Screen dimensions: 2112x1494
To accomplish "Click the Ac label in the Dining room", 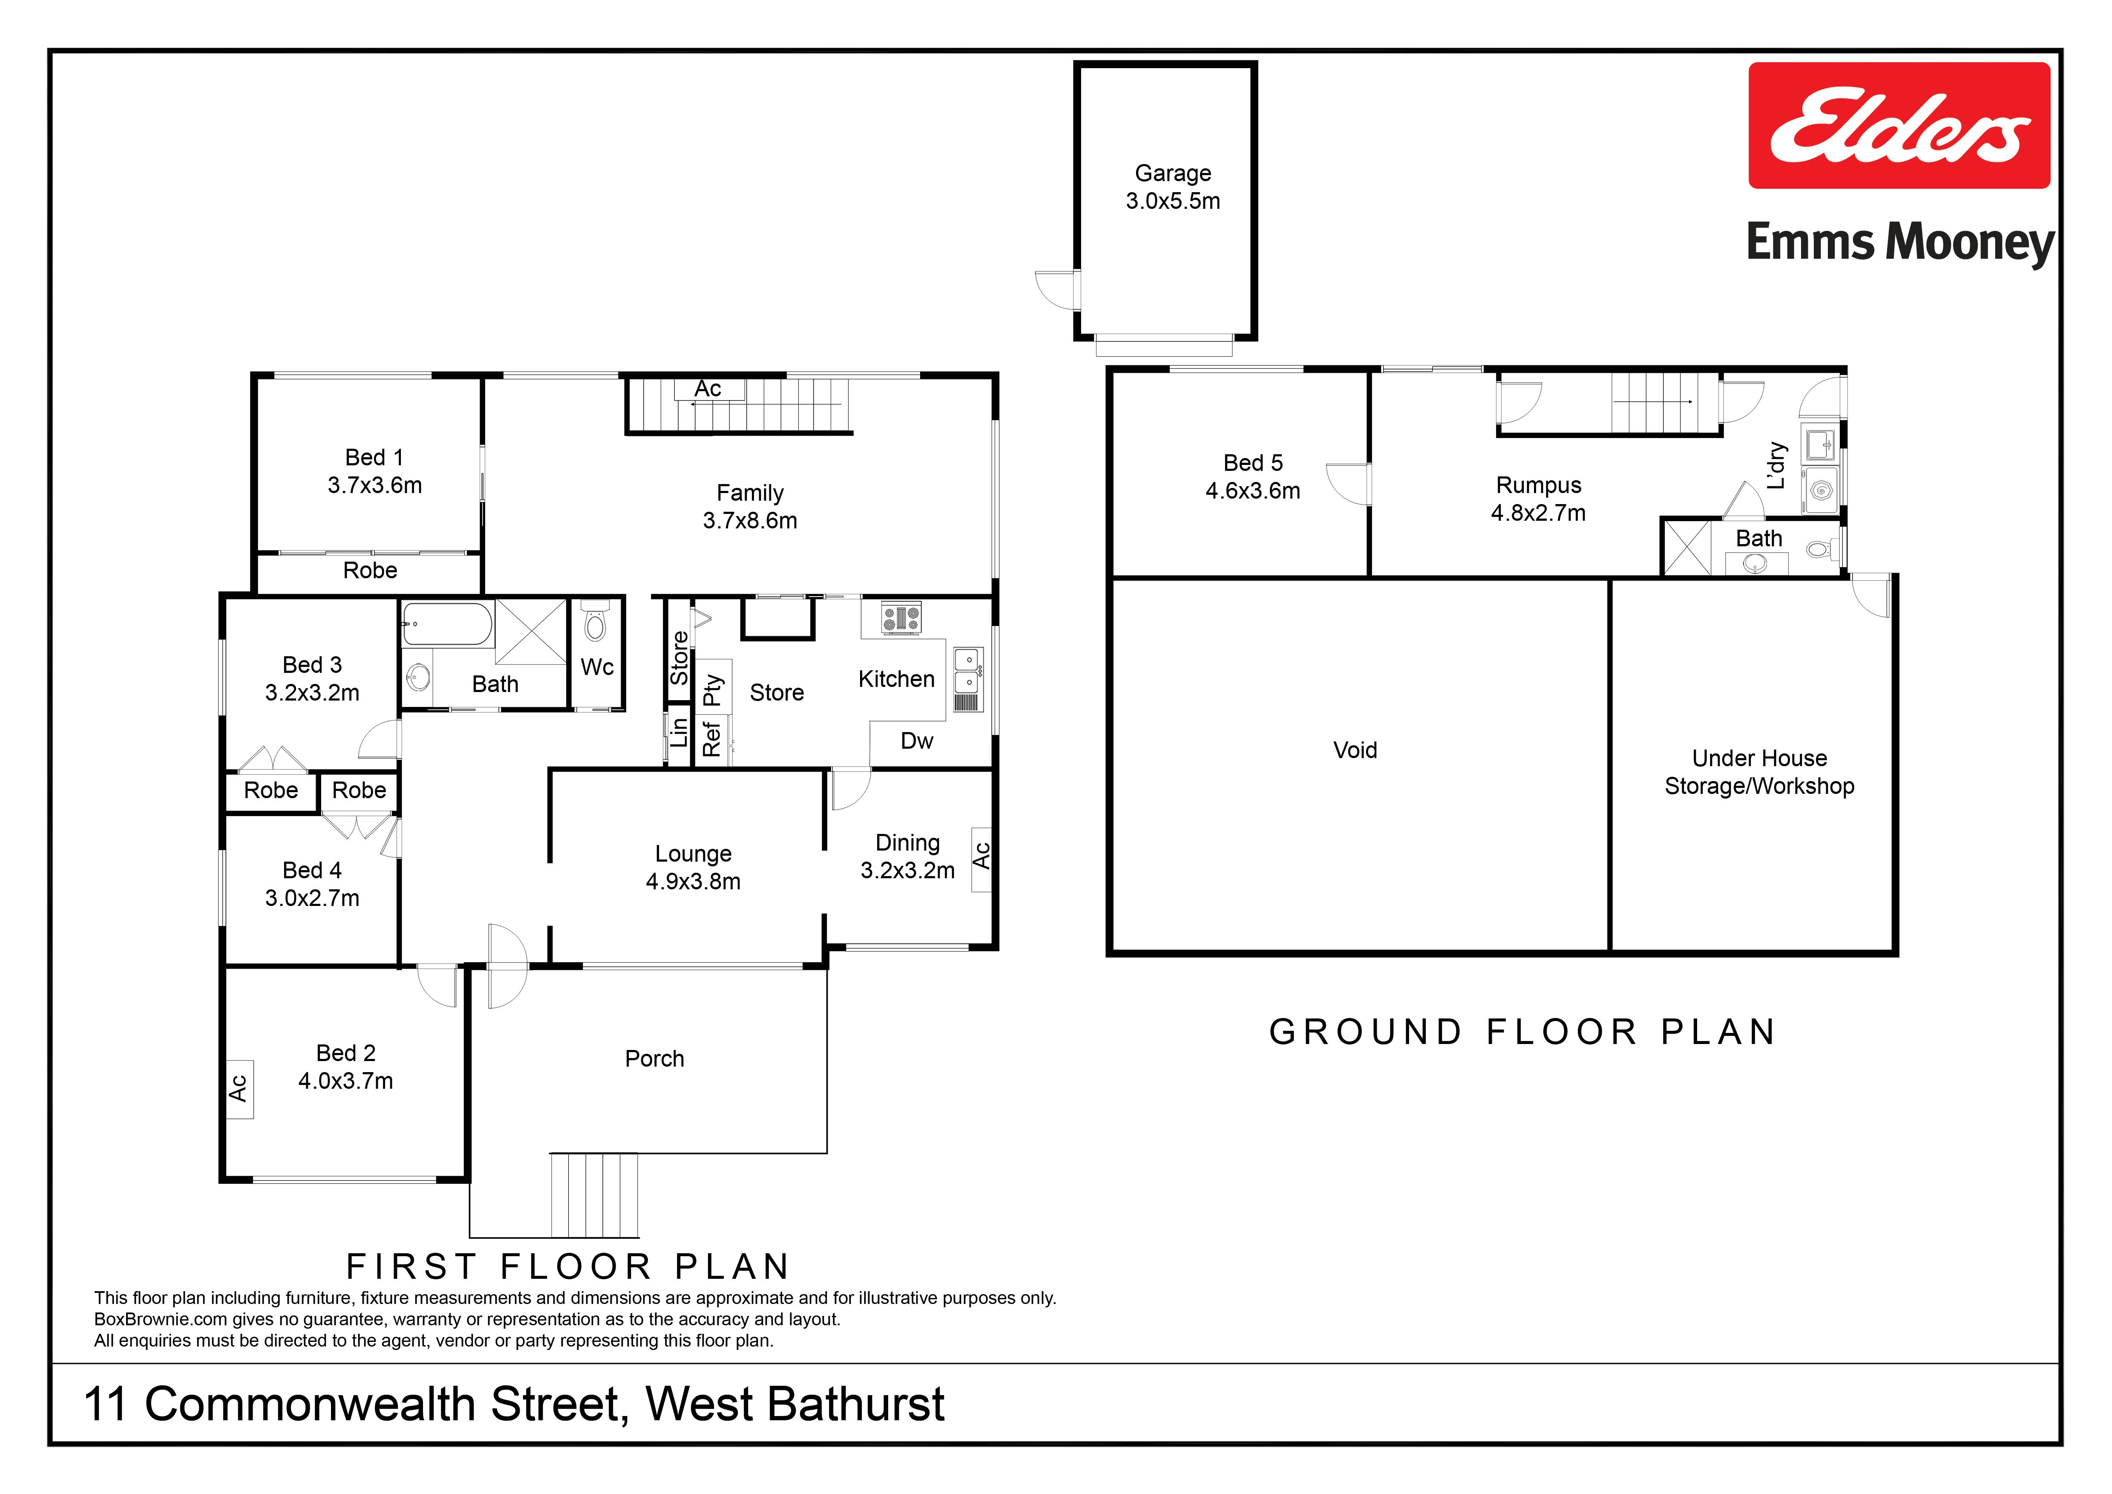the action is point(981,856).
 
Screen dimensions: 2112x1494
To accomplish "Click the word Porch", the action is point(654,1059).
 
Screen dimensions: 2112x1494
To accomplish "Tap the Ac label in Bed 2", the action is point(238,1088).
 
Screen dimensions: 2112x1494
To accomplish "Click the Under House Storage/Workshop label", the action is point(1759,772).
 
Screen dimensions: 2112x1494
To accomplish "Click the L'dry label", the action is point(1776,465).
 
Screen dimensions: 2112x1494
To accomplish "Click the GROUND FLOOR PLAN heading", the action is point(1522,1032).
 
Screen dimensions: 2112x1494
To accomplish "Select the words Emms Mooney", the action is point(1899,243).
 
